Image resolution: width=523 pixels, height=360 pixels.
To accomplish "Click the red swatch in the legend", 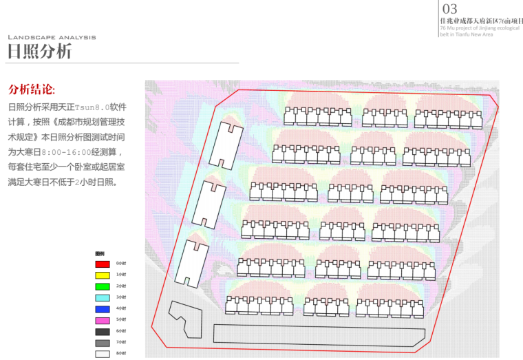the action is point(102,264).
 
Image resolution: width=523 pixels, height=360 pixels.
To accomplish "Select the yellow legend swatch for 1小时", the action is point(102,275).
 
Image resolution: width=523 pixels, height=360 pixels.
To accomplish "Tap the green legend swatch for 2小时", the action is point(102,286).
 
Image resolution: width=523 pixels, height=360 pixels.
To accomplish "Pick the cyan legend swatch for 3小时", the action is point(102,297).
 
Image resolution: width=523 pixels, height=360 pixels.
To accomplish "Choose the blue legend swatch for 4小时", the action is point(102,308).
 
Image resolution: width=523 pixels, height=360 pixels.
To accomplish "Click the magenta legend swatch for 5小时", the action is point(102,320).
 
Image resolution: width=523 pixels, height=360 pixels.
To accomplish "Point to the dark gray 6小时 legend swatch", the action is point(102,331).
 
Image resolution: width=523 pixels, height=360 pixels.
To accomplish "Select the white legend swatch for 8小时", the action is point(102,354).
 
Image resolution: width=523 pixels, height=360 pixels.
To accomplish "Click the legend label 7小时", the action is point(120,343).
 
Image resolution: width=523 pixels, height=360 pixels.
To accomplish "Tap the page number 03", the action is point(449,9).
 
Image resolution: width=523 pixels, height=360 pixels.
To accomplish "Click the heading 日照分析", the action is point(39,52).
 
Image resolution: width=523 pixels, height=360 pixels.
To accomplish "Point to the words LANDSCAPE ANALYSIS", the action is point(52,37).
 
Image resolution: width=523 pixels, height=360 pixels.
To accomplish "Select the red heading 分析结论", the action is point(32,90).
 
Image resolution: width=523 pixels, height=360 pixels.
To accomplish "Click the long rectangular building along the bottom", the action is point(318,334).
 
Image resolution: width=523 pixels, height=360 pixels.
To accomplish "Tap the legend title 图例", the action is point(99,253).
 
